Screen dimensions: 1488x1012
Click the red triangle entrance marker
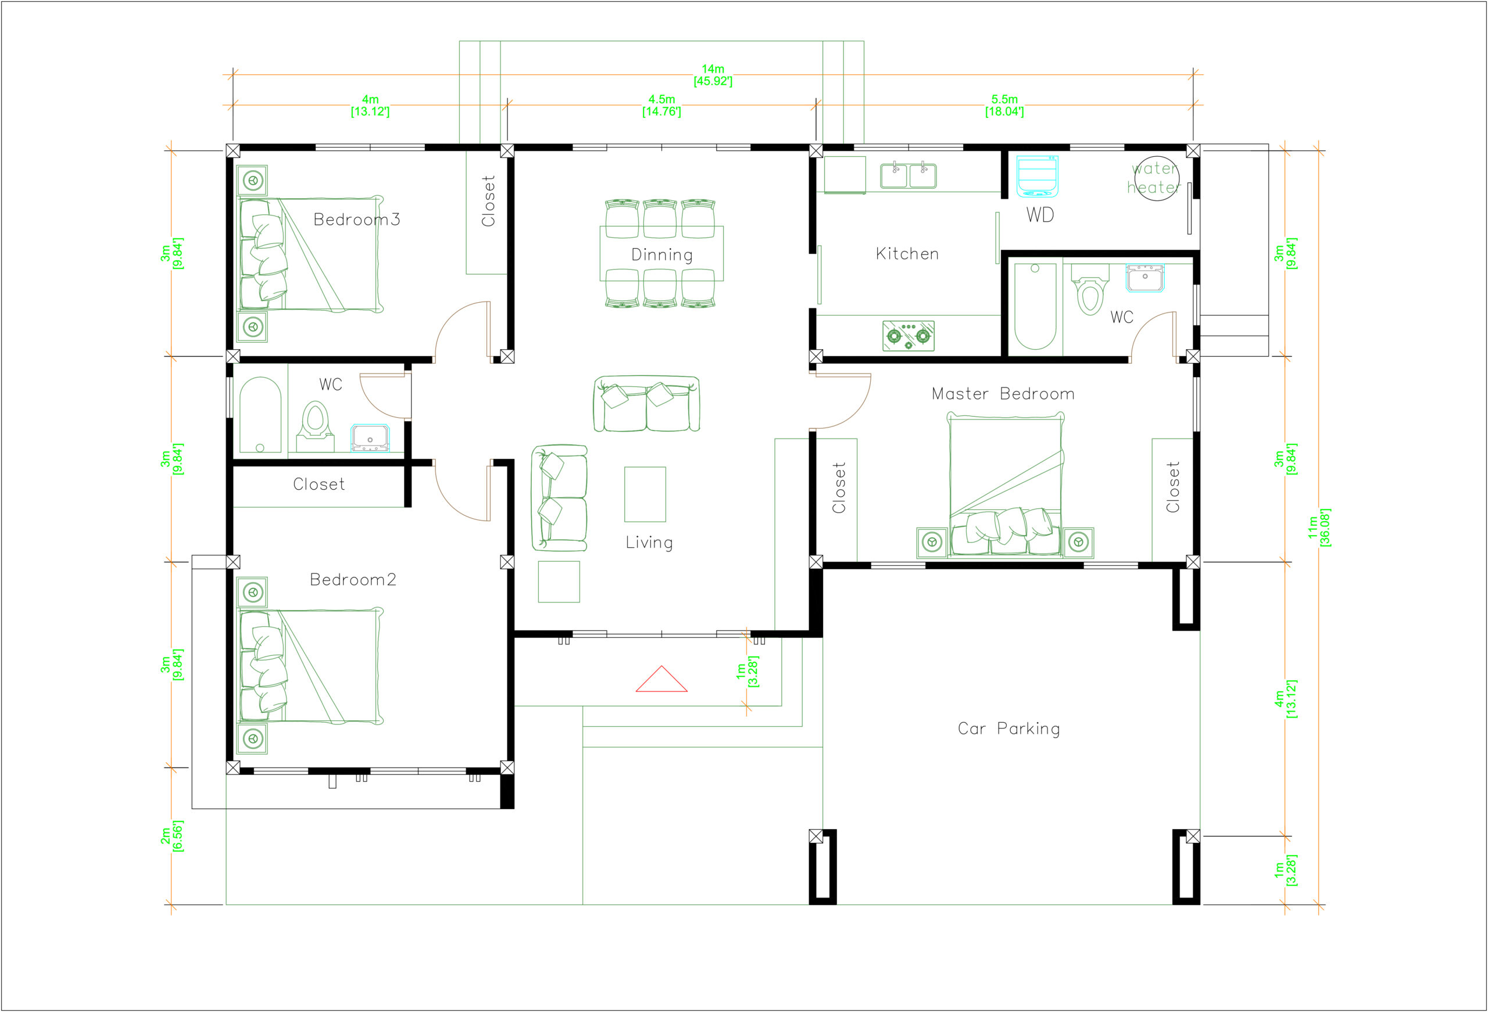pyautogui.click(x=661, y=680)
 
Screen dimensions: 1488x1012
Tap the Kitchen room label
pyautogui.click(x=907, y=254)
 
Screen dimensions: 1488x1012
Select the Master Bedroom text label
pyautogui.click(x=1003, y=394)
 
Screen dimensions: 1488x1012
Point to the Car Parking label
pyautogui.click(x=1009, y=729)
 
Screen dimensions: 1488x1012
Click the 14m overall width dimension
pyautogui.click(x=713, y=75)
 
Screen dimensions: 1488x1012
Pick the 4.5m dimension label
pyautogui.click(x=661, y=106)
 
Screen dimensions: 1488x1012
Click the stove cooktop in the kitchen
pyautogui.click(x=908, y=336)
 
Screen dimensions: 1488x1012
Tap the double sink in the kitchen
pyautogui.click(x=908, y=176)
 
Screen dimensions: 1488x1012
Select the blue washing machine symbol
pyautogui.click(x=1038, y=176)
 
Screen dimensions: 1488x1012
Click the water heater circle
pyautogui.click(x=1156, y=178)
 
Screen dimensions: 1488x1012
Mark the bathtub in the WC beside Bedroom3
pyautogui.click(x=260, y=415)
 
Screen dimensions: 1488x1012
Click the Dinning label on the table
pyautogui.click(x=662, y=255)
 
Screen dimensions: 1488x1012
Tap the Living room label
pyautogui.click(x=649, y=543)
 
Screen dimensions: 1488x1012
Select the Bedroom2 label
pyautogui.click(x=353, y=580)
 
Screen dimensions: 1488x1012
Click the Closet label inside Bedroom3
pyautogui.click(x=488, y=201)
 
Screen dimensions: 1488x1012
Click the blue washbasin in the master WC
pyautogui.click(x=1145, y=278)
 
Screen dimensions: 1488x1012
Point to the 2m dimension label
pyautogui.click(x=171, y=836)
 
